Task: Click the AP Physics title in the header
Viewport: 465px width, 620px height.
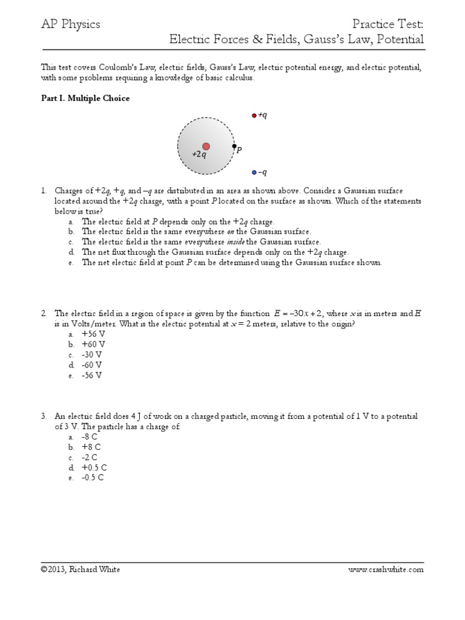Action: click(x=70, y=25)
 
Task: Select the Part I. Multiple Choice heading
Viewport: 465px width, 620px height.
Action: click(x=85, y=98)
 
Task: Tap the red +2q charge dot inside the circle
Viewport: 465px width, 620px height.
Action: click(x=206, y=147)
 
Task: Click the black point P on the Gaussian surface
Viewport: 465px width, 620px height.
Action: click(x=234, y=147)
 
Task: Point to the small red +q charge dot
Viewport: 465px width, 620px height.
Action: click(x=254, y=115)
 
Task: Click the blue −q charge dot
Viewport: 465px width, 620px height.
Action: click(x=254, y=173)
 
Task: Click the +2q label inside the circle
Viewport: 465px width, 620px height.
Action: click(x=199, y=155)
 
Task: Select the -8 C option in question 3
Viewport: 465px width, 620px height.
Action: click(x=90, y=437)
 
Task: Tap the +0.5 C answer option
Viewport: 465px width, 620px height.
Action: click(x=94, y=467)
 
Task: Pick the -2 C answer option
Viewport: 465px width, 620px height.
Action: click(x=90, y=457)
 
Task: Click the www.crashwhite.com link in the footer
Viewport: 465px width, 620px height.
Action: click(x=386, y=569)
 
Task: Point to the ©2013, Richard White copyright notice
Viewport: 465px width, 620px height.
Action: click(x=80, y=569)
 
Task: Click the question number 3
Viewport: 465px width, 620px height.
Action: click(x=44, y=417)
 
